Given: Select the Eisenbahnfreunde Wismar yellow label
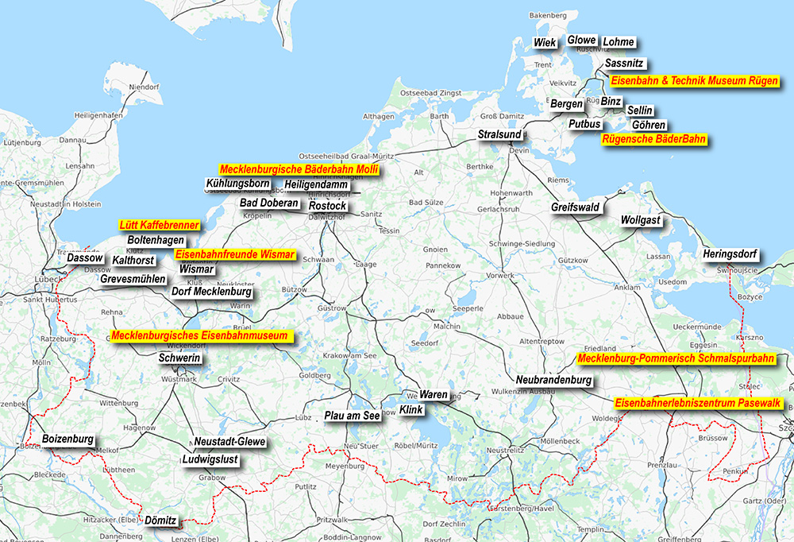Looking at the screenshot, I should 235,255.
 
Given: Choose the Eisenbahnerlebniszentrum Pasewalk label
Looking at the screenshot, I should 700,404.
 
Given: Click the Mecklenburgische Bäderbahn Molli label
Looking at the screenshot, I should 299,170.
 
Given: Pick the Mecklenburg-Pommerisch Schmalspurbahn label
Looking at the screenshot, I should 676,359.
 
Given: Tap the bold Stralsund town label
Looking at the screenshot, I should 499,135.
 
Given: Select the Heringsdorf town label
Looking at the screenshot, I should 730,254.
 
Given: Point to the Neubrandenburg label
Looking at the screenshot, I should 554,381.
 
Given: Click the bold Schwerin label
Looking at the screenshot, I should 180,359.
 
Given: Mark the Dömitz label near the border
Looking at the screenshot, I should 161,521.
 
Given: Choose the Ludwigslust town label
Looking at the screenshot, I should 210,459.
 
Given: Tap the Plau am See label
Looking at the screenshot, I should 353,416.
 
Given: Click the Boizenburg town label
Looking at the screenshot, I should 68,439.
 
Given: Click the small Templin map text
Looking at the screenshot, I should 591,529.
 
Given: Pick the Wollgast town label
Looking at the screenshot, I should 641,219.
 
